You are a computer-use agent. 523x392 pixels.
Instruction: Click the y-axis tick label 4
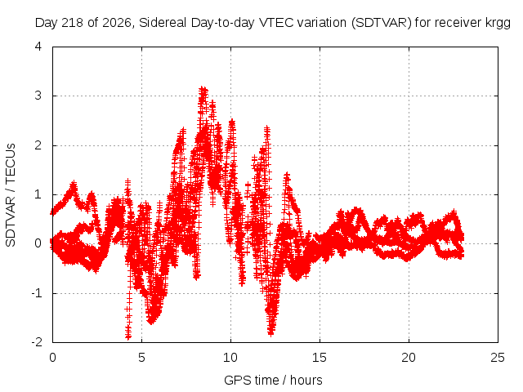(x=38, y=47)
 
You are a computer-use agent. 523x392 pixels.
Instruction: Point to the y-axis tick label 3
(x=38, y=96)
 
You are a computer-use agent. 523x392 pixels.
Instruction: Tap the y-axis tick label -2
(x=37, y=342)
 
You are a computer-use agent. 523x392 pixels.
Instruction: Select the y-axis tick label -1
(x=37, y=293)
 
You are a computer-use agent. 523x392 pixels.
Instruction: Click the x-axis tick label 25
(x=498, y=358)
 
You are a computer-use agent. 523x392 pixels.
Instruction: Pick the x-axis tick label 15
(x=320, y=358)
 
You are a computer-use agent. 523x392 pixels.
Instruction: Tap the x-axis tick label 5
(x=141, y=358)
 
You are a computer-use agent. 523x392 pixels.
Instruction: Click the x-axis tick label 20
(x=409, y=358)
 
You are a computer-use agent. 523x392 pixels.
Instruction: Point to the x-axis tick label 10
(x=230, y=358)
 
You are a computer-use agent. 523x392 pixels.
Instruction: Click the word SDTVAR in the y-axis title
(x=11, y=221)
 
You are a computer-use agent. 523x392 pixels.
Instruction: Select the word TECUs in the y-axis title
(x=11, y=163)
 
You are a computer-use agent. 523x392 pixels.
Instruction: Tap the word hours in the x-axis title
(x=306, y=380)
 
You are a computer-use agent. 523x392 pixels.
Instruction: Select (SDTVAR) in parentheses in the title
(x=382, y=23)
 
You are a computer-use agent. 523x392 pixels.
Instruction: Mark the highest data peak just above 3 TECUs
(x=203, y=89)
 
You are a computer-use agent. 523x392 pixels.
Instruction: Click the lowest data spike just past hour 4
(x=128, y=336)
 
